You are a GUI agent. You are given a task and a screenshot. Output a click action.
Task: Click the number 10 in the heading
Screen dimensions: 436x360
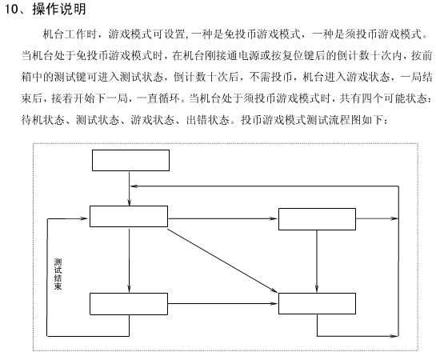click(x=11, y=9)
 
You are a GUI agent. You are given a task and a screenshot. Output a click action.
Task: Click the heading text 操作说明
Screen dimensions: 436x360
click(x=59, y=9)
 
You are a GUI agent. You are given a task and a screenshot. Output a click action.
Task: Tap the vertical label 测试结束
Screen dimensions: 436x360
click(x=58, y=274)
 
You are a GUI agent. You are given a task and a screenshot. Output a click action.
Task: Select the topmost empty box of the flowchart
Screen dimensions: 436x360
click(x=130, y=161)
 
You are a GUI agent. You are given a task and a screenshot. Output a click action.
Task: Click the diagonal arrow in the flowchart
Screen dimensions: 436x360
click(x=222, y=261)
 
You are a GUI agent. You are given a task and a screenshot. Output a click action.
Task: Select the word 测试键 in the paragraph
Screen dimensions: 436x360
click(x=70, y=77)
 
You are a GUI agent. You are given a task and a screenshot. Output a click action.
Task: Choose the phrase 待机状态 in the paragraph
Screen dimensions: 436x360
click(x=43, y=120)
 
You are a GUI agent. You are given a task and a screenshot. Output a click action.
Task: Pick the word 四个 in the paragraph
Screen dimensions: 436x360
click(x=372, y=98)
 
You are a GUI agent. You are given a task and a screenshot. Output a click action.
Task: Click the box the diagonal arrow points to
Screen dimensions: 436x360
click(x=317, y=303)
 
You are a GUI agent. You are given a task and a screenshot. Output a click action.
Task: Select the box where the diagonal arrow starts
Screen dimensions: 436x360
click(x=129, y=216)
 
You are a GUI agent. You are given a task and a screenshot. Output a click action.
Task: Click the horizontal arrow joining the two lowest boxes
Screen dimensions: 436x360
click(x=222, y=303)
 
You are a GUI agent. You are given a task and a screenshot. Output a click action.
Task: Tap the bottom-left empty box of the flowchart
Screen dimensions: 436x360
click(x=129, y=304)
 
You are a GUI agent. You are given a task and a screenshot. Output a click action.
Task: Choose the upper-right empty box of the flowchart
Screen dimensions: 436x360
click(x=317, y=219)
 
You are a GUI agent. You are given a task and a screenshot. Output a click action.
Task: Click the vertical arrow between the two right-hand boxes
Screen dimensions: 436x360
click(x=317, y=262)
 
